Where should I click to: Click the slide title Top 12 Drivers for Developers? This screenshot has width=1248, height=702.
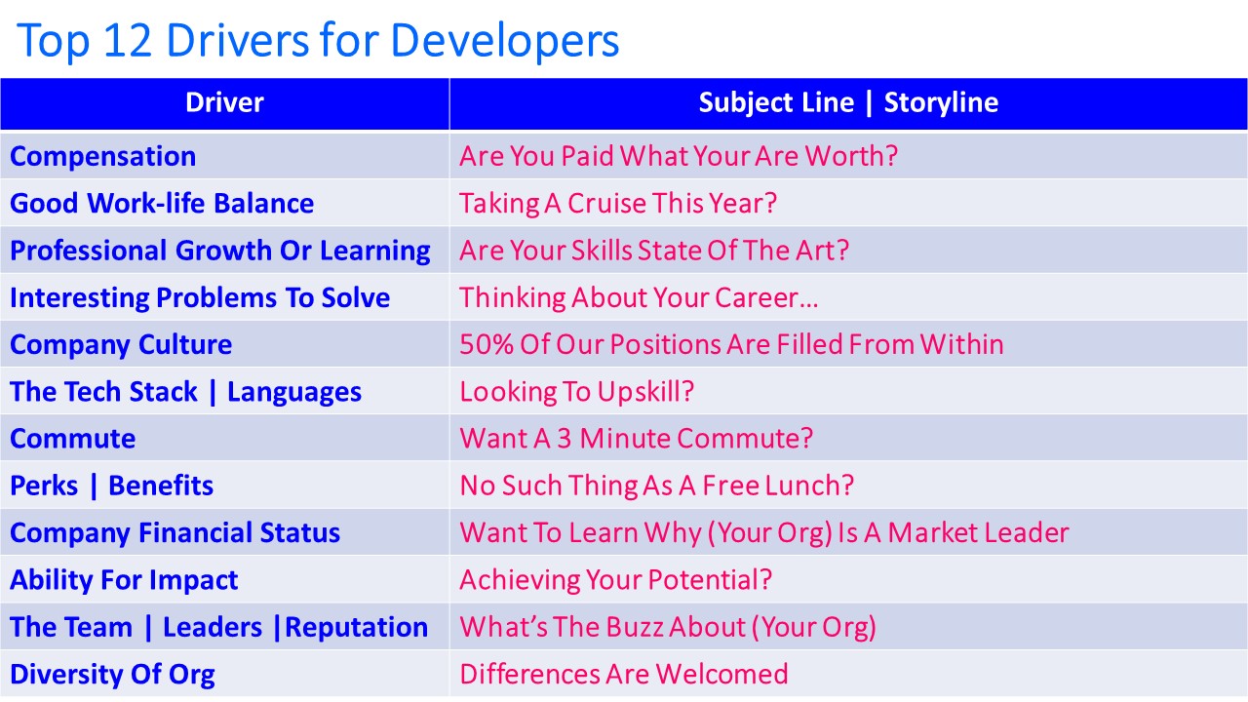point(318,41)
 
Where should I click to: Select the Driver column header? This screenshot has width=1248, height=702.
point(224,102)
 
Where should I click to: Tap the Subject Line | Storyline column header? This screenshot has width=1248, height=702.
point(848,102)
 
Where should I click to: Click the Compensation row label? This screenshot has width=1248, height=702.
point(103,157)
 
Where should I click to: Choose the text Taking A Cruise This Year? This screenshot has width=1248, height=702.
point(618,204)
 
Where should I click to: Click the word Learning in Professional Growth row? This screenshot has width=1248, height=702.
point(375,252)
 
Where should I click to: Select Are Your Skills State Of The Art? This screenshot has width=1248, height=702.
point(654,251)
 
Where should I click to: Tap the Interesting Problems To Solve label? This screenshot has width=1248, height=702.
point(200,298)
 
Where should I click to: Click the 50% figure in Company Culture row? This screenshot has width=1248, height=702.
point(487,344)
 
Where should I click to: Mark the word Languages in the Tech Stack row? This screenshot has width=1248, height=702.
point(294,392)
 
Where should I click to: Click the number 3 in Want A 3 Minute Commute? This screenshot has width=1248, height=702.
point(564,439)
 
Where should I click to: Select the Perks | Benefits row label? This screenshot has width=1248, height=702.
point(112,486)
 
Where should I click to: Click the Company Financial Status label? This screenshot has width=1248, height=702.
point(175,533)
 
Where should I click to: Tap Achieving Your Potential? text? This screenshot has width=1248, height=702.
point(615,580)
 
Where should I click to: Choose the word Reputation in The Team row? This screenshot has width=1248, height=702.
point(357,628)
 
